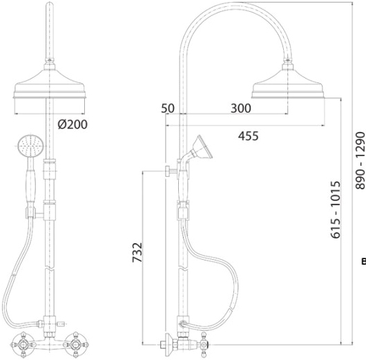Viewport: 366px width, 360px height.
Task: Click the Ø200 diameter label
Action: tap(73, 124)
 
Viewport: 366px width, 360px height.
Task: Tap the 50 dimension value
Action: tap(168, 108)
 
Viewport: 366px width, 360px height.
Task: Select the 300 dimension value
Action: tap(241, 108)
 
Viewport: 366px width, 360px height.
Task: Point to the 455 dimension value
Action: tap(249, 136)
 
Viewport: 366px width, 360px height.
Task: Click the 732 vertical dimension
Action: tap(137, 252)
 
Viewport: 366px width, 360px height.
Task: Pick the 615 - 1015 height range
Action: tap(336, 207)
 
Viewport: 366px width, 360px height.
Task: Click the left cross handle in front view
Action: tap(23, 345)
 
